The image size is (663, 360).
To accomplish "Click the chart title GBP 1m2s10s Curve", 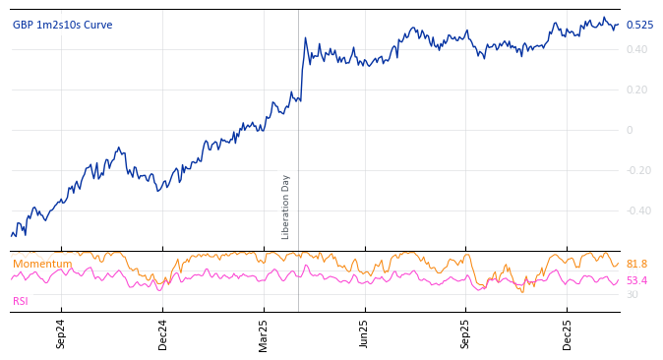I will point(62,26).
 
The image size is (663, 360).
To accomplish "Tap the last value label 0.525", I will point(638,26).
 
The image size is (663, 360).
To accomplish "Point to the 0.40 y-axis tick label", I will point(636,49).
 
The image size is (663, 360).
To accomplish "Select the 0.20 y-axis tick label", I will point(636,90).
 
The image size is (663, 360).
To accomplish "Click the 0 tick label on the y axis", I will point(630,130).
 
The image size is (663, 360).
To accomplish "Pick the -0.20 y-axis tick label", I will point(638,170).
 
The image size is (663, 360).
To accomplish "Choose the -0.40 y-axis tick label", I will point(638,210).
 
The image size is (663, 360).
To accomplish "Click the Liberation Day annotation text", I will point(286,207).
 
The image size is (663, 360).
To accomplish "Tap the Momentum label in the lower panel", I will point(42,264).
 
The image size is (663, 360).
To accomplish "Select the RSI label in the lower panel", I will point(21,301).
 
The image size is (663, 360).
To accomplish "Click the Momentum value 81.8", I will point(636,265).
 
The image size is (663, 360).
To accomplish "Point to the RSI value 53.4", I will point(636,281).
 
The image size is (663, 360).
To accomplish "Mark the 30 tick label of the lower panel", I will point(632,295).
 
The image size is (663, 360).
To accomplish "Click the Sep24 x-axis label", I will point(61,333).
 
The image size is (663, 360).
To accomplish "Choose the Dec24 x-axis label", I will point(163,333).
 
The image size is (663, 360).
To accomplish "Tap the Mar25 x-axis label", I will point(264,333).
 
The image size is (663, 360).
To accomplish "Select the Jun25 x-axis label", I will point(365,333).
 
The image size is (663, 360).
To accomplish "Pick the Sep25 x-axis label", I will point(466,333).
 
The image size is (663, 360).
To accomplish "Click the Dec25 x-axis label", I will point(568,333).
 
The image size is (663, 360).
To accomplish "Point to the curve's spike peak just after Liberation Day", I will point(305,38).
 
